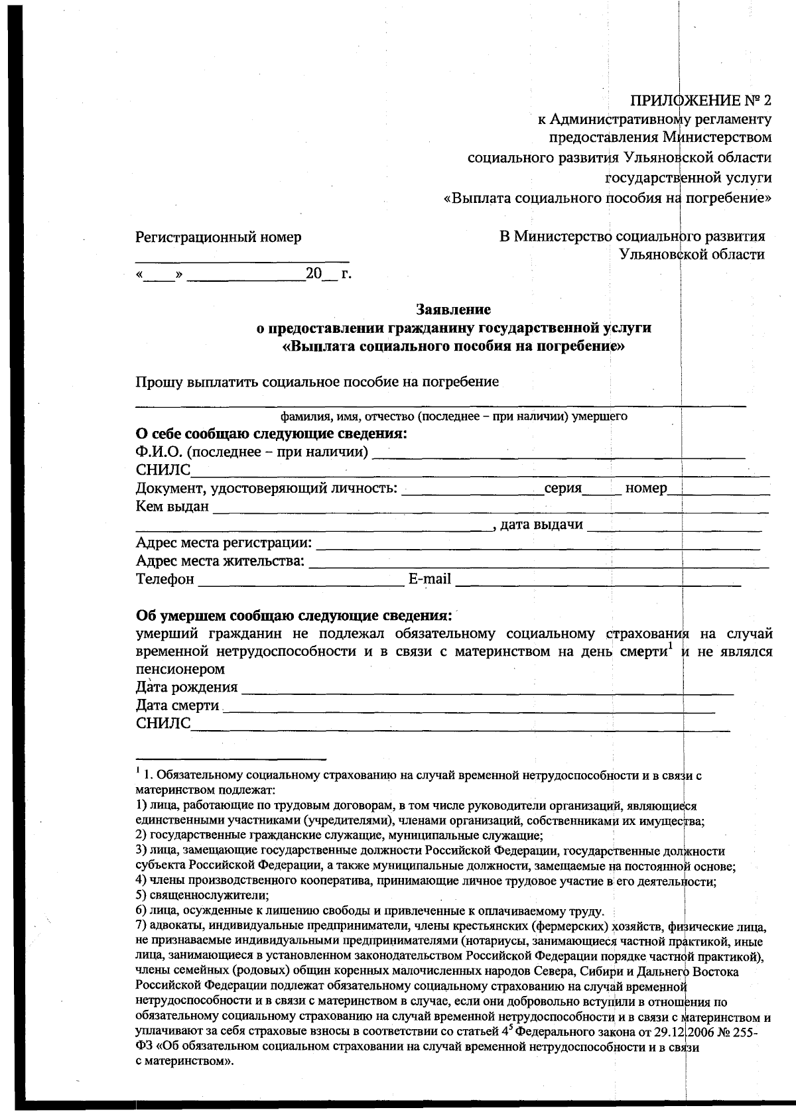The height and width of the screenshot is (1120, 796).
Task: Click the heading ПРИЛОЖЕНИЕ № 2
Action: (700, 101)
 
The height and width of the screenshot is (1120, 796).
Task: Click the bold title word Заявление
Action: (454, 309)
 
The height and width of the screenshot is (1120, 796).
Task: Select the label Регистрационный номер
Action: (218, 237)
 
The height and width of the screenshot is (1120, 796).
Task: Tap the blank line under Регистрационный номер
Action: (242, 261)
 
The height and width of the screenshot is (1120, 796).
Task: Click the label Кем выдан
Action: (172, 507)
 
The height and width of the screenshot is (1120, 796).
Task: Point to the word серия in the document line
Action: (563, 489)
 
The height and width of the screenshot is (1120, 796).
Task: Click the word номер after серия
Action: (645, 489)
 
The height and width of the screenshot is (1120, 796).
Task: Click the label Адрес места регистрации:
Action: (224, 544)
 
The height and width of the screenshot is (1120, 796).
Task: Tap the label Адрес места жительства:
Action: (220, 562)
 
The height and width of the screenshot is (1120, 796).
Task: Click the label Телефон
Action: (165, 580)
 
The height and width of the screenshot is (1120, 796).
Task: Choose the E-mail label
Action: (429, 580)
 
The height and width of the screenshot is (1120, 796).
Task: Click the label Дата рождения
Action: (186, 687)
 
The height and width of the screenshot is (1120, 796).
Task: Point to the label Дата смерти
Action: (177, 706)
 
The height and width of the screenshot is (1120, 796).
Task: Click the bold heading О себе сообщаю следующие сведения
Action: (271, 434)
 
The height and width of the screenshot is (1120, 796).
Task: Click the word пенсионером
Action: (180, 669)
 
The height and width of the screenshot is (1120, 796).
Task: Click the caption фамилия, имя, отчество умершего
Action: (454, 417)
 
